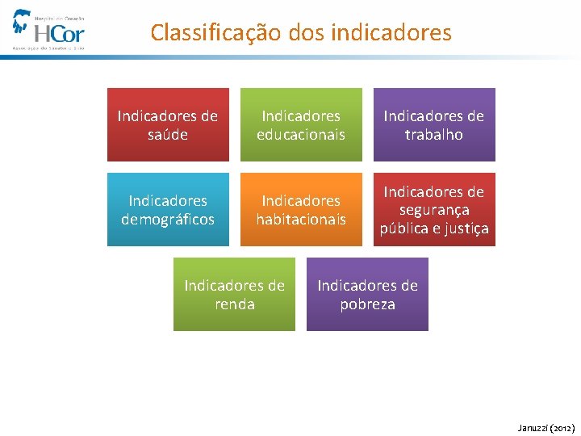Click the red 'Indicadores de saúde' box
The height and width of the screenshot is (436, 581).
[x=168, y=125]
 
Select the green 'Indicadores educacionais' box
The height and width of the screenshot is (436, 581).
[x=301, y=125]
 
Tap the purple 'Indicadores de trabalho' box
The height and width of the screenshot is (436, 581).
[x=434, y=125]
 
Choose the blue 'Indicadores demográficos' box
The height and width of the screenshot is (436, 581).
[x=168, y=210]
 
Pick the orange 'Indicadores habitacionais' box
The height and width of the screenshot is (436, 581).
[x=301, y=210]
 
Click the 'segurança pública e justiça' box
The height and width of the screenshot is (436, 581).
[x=434, y=210]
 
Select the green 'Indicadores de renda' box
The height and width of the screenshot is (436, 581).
[x=234, y=295]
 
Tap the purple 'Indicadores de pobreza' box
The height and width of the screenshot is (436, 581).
[x=367, y=295]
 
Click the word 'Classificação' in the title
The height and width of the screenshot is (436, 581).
[x=215, y=33]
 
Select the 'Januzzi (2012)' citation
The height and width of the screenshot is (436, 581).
[x=545, y=427]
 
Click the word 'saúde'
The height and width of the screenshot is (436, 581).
[x=168, y=135]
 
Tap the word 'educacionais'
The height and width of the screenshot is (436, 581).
[x=301, y=135]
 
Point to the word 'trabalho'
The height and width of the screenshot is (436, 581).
[x=434, y=135]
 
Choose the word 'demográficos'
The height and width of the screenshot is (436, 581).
[x=168, y=220]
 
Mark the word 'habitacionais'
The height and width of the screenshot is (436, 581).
[x=301, y=220]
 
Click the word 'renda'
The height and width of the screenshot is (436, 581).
[x=235, y=304]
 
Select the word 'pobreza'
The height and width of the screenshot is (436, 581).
[x=368, y=304]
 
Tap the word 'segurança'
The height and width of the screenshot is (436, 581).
[x=434, y=210]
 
